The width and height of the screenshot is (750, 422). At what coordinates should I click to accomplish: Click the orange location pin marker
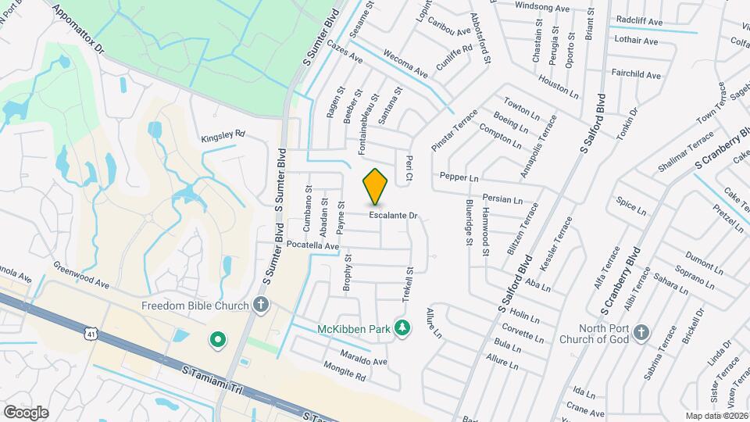pos(376,186)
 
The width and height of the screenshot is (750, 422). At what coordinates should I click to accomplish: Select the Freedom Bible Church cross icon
pos(261,306)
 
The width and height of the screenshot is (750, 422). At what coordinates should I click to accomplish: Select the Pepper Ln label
pos(459,177)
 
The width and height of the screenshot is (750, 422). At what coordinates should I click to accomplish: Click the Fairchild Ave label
pos(637,76)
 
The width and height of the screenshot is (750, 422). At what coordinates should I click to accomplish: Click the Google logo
pos(26,412)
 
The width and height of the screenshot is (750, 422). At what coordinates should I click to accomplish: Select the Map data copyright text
pos(716,416)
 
